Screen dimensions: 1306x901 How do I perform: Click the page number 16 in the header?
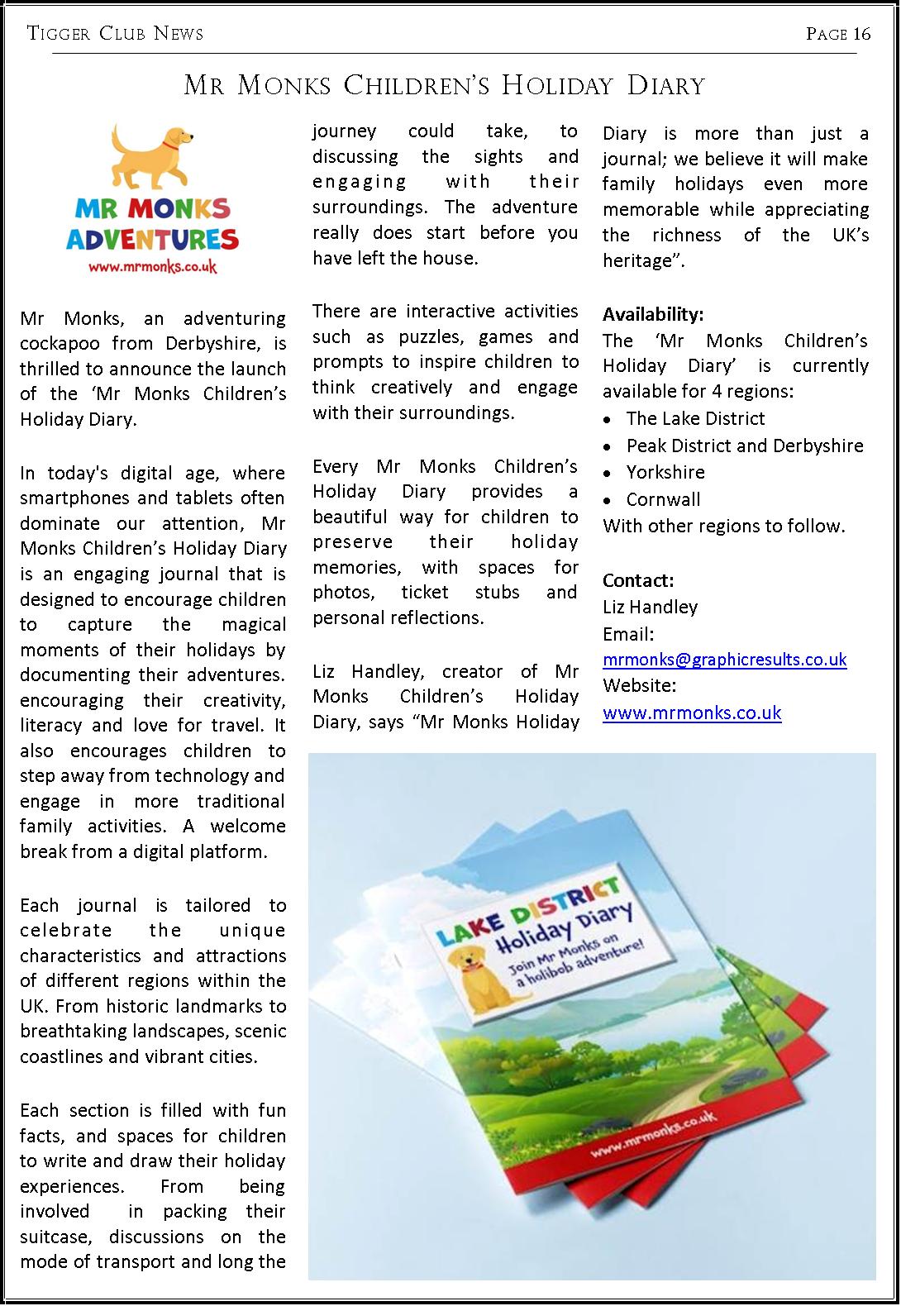click(x=862, y=33)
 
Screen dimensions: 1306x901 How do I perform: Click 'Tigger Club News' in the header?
click(x=115, y=33)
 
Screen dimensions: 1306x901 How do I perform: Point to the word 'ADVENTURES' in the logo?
click(x=152, y=240)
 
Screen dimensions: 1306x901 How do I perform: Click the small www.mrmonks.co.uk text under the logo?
click(x=152, y=267)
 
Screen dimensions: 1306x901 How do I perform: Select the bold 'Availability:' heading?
click(x=653, y=314)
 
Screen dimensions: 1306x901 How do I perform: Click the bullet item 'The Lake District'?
click(x=695, y=418)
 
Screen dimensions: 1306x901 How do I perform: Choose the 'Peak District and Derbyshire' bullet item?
click(x=744, y=446)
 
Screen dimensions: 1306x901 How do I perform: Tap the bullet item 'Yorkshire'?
click(x=665, y=472)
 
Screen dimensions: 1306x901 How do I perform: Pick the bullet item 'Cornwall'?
click(x=663, y=499)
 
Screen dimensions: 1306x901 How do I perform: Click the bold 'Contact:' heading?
click(x=638, y=579)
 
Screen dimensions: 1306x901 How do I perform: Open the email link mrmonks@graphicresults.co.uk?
click(x=724, y=659)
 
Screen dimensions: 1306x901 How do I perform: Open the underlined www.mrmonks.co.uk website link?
click(x=692, y=713)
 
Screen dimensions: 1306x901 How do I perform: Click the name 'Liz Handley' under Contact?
click(x=650, y=607)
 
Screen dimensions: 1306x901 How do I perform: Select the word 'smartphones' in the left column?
click(x=69, y=498)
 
